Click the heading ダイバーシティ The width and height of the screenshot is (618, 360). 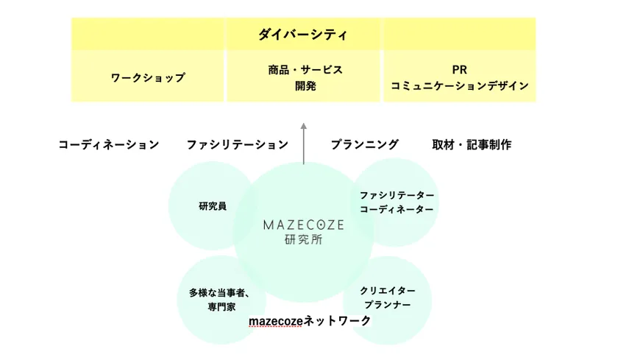point(302,35)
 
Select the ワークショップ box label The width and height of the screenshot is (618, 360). point(148,78)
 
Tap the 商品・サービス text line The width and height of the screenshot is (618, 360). point(305,70)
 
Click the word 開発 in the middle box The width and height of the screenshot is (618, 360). point(305,86)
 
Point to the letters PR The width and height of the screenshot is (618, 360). point(460,70)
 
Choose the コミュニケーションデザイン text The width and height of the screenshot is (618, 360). point(460,86)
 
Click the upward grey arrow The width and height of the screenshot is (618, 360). point(303,144)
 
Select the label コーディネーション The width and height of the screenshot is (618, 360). point(109,145)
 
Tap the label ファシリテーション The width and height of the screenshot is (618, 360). point(237,145)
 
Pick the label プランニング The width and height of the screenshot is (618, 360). point(365,145)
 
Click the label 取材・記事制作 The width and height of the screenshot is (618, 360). point(472,145)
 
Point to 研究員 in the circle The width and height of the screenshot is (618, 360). point(213,206)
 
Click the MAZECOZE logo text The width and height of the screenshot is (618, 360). point(303,225)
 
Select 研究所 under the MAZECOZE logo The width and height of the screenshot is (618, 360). point(303,239)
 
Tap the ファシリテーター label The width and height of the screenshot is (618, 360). point(397,195)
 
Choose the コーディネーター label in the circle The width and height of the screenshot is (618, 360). point(397,209)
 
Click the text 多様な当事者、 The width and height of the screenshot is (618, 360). point(219,293)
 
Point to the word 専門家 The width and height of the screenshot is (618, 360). point(221,307)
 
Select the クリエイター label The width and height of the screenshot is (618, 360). point(388,291)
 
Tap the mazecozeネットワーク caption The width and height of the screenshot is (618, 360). point(310,321)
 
